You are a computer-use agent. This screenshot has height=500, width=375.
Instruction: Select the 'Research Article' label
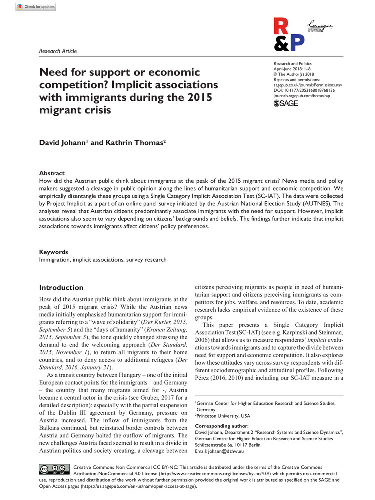[58, 51]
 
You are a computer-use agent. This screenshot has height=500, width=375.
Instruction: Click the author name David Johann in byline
[63, 143]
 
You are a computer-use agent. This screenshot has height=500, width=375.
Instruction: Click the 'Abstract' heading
[52, 173]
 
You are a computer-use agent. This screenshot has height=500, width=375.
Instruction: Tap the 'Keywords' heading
[54, 252]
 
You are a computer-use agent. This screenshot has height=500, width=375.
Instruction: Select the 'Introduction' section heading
[61, 288]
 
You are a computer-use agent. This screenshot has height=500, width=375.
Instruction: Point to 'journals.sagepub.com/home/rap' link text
[302, 96]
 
